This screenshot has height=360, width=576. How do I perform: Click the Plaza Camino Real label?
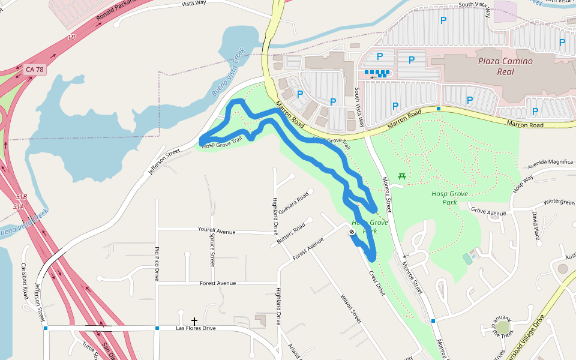click(x=505, y=66)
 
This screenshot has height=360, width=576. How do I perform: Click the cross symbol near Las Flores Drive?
click(x=194, y=322)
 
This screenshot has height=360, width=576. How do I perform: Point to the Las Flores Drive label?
click(x=196, y=328)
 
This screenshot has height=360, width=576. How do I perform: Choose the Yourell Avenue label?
click(x=217, y=230)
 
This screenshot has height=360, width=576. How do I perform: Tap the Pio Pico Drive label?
click(x=157, y=263)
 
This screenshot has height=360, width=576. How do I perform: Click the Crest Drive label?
click(x=377, y=281)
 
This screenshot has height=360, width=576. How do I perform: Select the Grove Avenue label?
click(x=488, y=211)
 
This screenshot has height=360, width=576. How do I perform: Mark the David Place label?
click(x=536, y=224)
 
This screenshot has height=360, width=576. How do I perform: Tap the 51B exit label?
click(x=22, y=197)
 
